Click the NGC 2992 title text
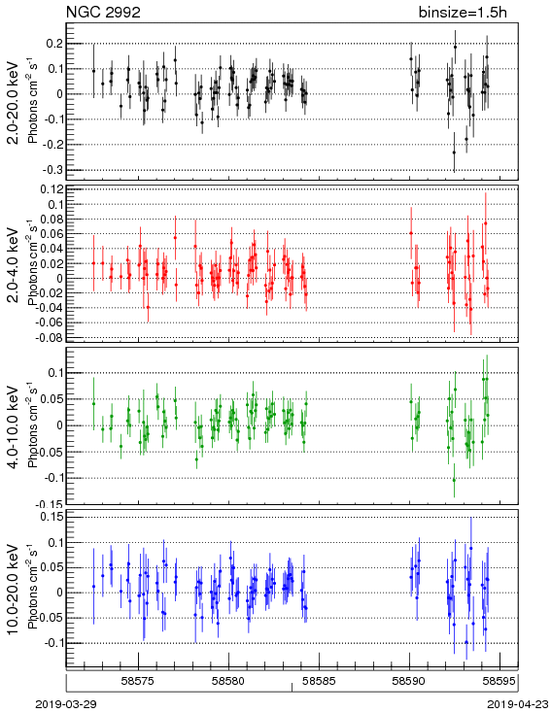tap(103, 13)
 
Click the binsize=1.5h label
tap(463, 13)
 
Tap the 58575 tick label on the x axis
tap(138, 681)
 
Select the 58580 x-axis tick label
tap(229, 681)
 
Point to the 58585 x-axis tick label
tap(320, 681)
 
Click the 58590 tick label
tap(409, 681)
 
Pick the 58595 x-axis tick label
tap(499, 681)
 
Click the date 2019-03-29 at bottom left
tap(66, 704)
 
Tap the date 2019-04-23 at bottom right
tap(518, 704)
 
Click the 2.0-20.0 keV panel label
tap(14, 103)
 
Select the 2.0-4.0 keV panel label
tap(14, 264)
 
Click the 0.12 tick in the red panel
tap(52, 189)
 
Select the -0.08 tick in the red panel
tap(50, 337)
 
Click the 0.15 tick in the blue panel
tap(52, 517)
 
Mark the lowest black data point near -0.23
tap(454, 153)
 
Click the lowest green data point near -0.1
tap(454, 480)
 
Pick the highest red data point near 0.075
tap(486, 223)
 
